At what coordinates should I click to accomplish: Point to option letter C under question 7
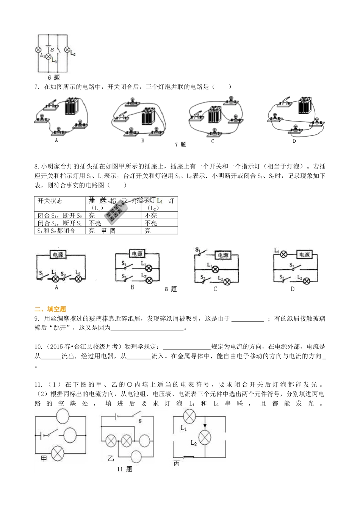point(213,141)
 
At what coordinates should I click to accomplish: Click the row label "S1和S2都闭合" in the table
point(56,231)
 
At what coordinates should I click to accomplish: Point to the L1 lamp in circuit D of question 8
point(283,255)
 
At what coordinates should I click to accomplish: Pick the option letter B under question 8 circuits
point(132,287)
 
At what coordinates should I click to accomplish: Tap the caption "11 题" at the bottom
point(124,469)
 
